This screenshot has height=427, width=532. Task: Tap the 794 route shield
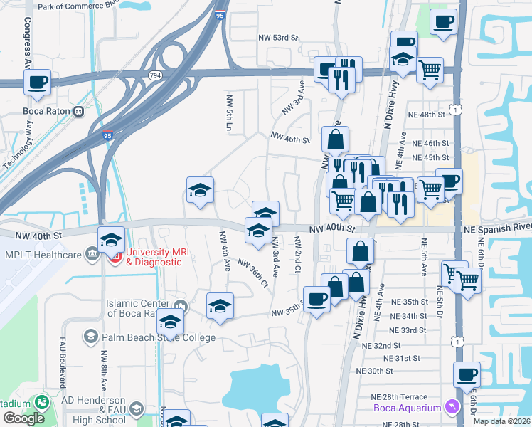point(154,74)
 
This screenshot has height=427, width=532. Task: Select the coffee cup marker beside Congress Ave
point(37,82)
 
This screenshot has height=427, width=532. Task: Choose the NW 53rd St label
point(278,37)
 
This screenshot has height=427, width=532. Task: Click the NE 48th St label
point(427,114)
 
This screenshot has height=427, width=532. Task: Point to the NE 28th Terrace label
point(399,396)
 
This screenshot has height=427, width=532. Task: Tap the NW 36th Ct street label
point(253,272)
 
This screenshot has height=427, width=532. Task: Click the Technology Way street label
point(19,143)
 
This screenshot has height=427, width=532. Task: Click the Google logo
point(23,418)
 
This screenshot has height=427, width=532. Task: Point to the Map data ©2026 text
point(501,421)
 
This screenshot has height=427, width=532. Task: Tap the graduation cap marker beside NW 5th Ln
point(201,189)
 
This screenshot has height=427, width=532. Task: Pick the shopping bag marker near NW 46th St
point(335,139)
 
